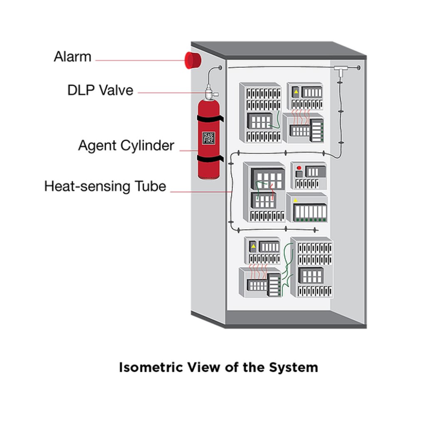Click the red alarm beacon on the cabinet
click(x=193, y=60)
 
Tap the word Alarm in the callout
click(x=72, y=57)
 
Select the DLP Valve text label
click(x=100, y=90)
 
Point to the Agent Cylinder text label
click(x=126, y=146)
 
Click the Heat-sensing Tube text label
click(x=105, y=186)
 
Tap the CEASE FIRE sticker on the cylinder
click(x=208, y=138)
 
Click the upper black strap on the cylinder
click(x=209, y=119)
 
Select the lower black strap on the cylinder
click(x=209, y=159)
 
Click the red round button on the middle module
click(x=299, y=167)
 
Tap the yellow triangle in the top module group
click(x=296, y=92)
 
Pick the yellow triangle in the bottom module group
click(x=253, y=246)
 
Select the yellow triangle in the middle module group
click(x=296, y=200)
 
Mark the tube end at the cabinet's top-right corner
click(x=359, y=67)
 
